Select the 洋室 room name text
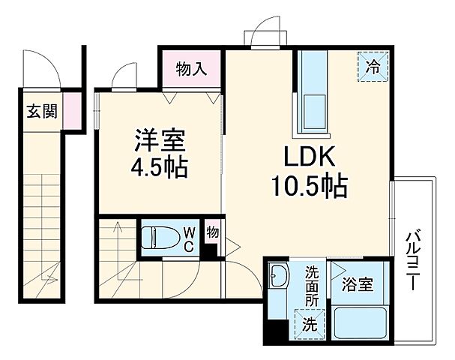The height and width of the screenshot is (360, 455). click(160, 139)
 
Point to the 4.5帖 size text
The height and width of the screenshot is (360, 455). click(160, 166)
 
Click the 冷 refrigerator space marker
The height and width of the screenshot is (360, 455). click(373, 65)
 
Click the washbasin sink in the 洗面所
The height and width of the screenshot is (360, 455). click(279, 278)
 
